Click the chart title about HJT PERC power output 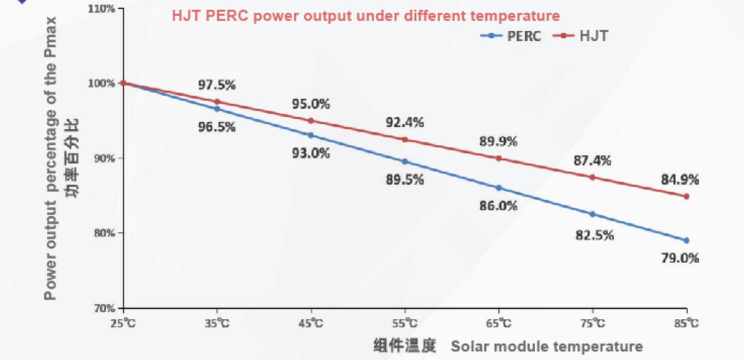point(366,16)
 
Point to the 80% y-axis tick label point(105,233)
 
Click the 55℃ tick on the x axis point(405,324)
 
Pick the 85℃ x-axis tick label point(687,324)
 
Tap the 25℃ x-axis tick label point(123,324)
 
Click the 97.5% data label point(217,85)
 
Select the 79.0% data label point(680,258)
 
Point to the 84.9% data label point(680,180)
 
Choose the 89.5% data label point(405,180)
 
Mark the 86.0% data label point(498,206)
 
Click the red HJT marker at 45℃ point(311,121)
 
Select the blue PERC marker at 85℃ point(687,241)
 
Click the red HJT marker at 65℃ point(499,158)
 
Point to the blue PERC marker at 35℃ point(217,109)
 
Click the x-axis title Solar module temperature point(546,347)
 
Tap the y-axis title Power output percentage point(51,158)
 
